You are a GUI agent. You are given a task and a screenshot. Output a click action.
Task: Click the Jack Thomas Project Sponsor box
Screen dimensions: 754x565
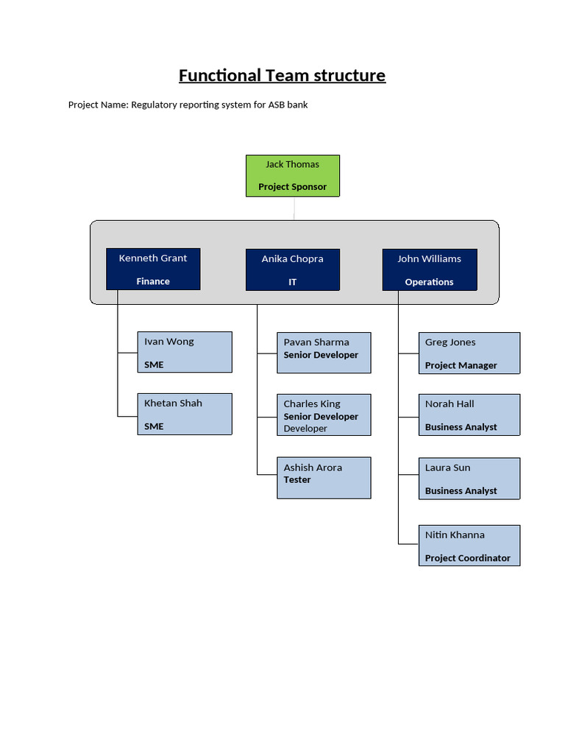tap(293, 176)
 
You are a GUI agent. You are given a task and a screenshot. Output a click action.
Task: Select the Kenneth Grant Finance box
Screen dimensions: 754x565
tap(153, 269)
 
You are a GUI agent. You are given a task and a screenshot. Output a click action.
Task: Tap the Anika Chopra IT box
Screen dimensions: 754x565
tap(292, 269)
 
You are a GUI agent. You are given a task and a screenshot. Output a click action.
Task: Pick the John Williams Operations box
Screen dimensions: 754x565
tap(430, 269)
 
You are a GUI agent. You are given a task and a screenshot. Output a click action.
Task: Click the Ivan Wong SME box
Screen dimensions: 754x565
tap(185, 352)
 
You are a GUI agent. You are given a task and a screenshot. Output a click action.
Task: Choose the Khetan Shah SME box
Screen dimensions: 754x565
tap(185, 414)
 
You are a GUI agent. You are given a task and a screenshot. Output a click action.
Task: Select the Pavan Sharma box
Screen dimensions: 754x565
tap(324, 353)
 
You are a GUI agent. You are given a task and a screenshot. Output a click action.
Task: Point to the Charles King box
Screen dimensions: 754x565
tap(324, 415)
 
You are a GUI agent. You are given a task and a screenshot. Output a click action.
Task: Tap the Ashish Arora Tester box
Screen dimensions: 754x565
tap(324, 477)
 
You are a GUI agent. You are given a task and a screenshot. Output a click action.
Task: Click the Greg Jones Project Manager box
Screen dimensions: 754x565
tap(469, 353)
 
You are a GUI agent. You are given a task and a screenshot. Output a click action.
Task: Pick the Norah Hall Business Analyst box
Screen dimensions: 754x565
tap(469, 415)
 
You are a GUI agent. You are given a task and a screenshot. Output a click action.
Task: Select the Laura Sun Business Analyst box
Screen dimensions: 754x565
tap(469, 479)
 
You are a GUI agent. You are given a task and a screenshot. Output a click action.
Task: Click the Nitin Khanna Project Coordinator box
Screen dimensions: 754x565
tap(469, 545)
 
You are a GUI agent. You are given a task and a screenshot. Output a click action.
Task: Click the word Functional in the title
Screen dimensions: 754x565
tap(220, 76)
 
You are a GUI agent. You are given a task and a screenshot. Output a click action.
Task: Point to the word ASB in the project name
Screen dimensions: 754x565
tap(276, 105)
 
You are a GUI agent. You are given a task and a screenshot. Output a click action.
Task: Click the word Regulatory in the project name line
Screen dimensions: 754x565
tap(157, 105)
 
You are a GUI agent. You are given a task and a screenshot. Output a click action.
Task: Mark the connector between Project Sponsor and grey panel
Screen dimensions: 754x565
tap(294, 208)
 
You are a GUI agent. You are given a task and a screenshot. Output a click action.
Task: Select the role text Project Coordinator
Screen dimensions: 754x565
tap(467, 558)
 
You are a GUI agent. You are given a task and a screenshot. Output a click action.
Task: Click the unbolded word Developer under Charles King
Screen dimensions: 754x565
tap(305, 429)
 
